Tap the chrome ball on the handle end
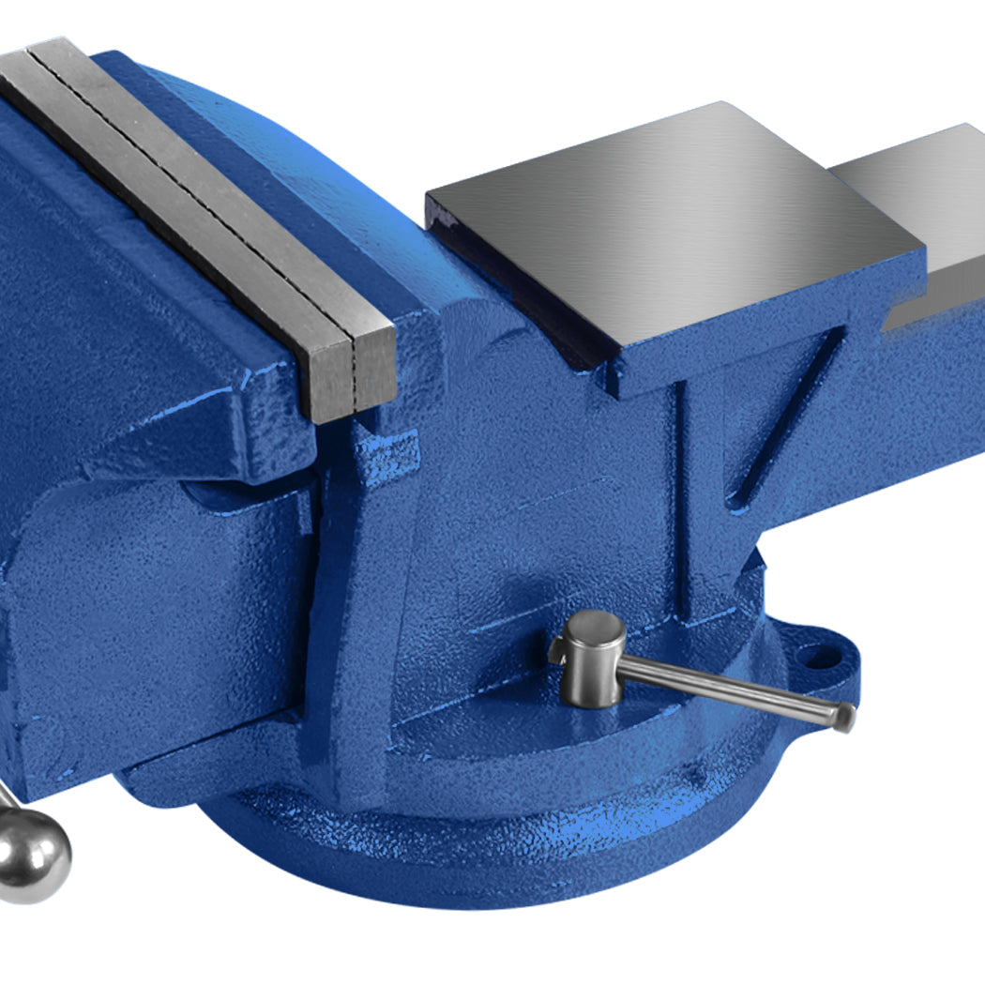(x=33, y=854)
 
